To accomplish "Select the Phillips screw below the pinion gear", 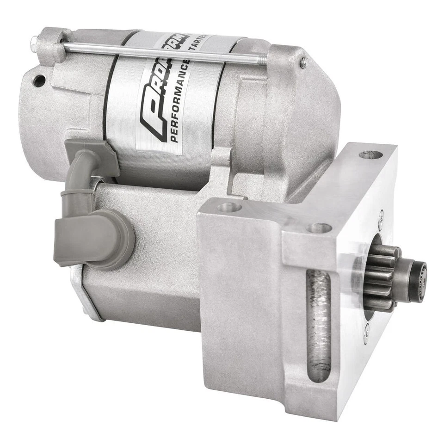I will pos(366,330).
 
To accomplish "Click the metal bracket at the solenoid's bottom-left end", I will pos(83,296).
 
